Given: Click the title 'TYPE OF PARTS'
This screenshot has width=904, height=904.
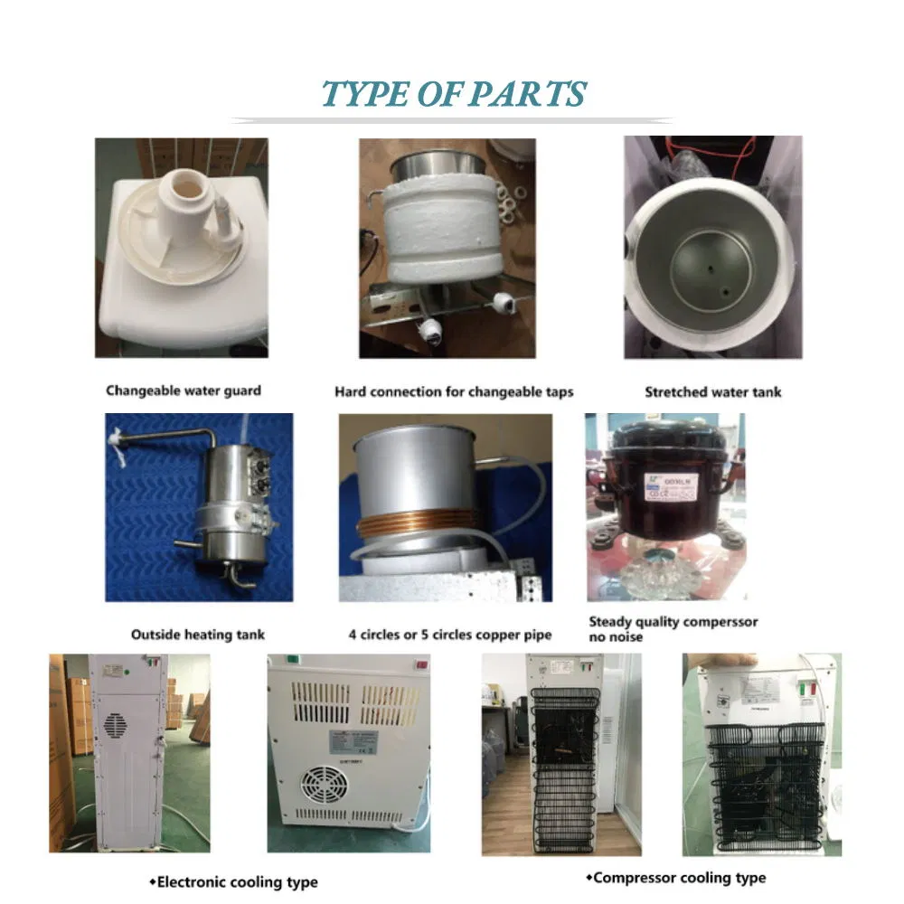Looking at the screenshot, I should click(454, 94).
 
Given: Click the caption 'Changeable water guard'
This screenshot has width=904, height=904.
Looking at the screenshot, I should click(184, 391).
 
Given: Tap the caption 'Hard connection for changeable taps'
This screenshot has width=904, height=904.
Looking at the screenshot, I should click(454, 391).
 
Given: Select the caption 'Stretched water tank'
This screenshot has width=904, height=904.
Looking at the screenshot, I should click(712, 391).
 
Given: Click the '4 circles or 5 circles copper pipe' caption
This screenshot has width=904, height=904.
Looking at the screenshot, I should click(448, 635).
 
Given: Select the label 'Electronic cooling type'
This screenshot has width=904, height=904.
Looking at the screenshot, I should click(232, 881).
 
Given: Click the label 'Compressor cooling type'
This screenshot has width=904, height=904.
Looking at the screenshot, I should click(679, 877).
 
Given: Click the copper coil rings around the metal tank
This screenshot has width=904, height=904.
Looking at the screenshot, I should click(417, 527).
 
